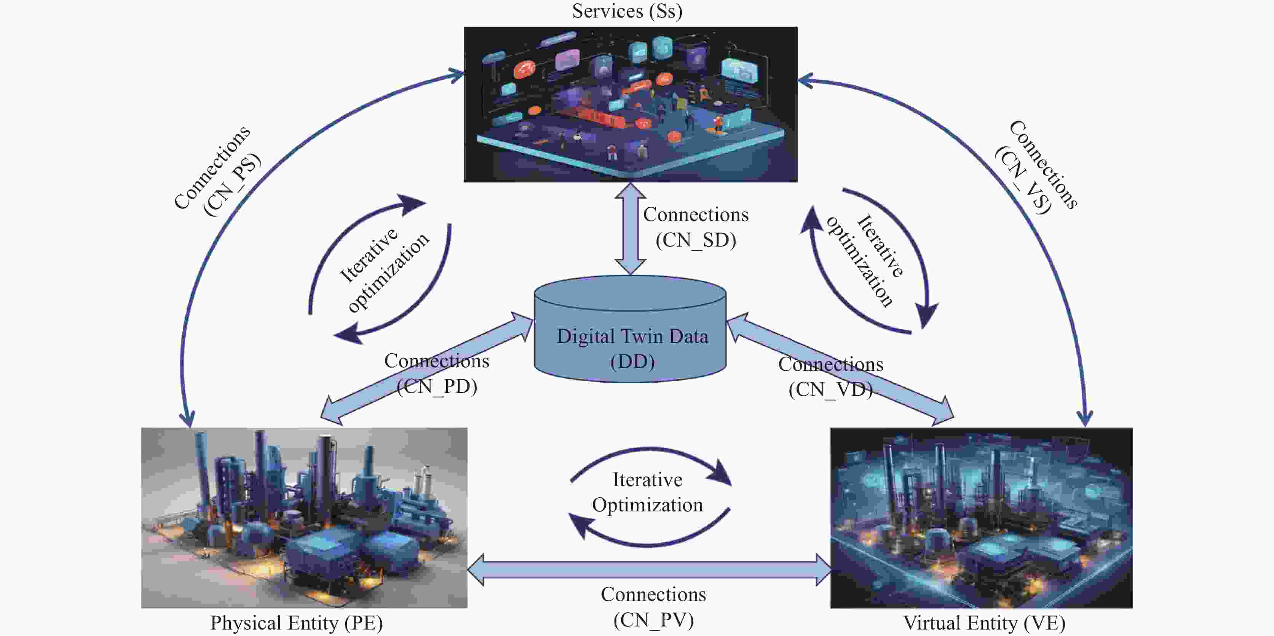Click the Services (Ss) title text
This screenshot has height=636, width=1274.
[627, 11]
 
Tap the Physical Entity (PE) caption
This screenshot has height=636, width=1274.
[296, 623]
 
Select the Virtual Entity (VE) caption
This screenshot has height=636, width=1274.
[984, 623]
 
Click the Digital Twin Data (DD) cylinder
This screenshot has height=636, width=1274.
[631, 336]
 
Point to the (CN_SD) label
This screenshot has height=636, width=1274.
[696, 240]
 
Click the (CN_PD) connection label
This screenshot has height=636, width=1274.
[437, 386]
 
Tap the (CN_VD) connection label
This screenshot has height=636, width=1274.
[830, 389]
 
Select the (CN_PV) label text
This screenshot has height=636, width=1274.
[653, 620]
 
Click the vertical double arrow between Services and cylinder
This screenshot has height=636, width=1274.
[630, 229]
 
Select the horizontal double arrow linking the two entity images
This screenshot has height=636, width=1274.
[649, 570]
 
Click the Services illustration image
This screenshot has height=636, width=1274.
[630, 104]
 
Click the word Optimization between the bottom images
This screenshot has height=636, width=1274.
[647, 505]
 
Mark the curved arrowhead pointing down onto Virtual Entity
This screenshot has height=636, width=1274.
[1085, 417]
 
